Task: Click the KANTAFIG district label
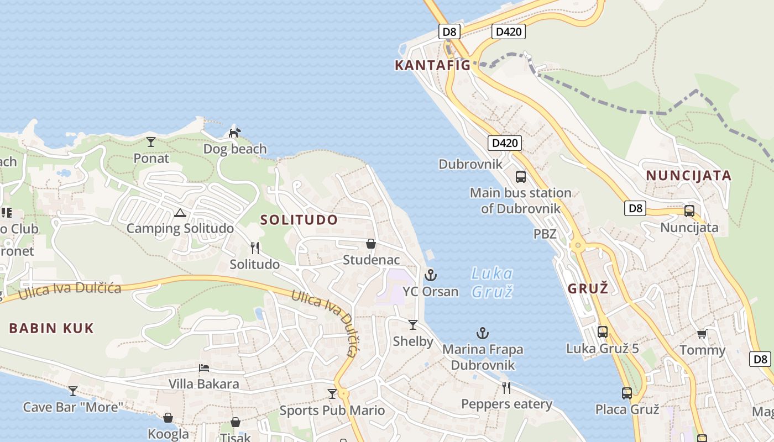(432, 65)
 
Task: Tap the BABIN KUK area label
(51, 328)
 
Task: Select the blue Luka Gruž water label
(492, 282)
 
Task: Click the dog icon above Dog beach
(235, 133)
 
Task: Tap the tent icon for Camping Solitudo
(180, 213)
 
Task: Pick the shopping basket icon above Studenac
(371, 244)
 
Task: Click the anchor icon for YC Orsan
(430, 275)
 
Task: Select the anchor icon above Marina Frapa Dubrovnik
(483, 333)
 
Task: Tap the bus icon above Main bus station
(520, 177)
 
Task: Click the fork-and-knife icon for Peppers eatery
(506, 387)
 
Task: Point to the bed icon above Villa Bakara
(204, 368)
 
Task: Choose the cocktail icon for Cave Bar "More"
(73, 391)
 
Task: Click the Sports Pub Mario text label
(332, 411)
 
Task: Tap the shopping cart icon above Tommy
(702, 334)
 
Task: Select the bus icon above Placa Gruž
(626, 393)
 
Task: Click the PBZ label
(545, 234)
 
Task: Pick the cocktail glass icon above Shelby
(412, 325)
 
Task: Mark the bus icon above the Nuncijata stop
(689, 211)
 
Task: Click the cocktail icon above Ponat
(151, 142)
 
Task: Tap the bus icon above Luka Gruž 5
(603, 332)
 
